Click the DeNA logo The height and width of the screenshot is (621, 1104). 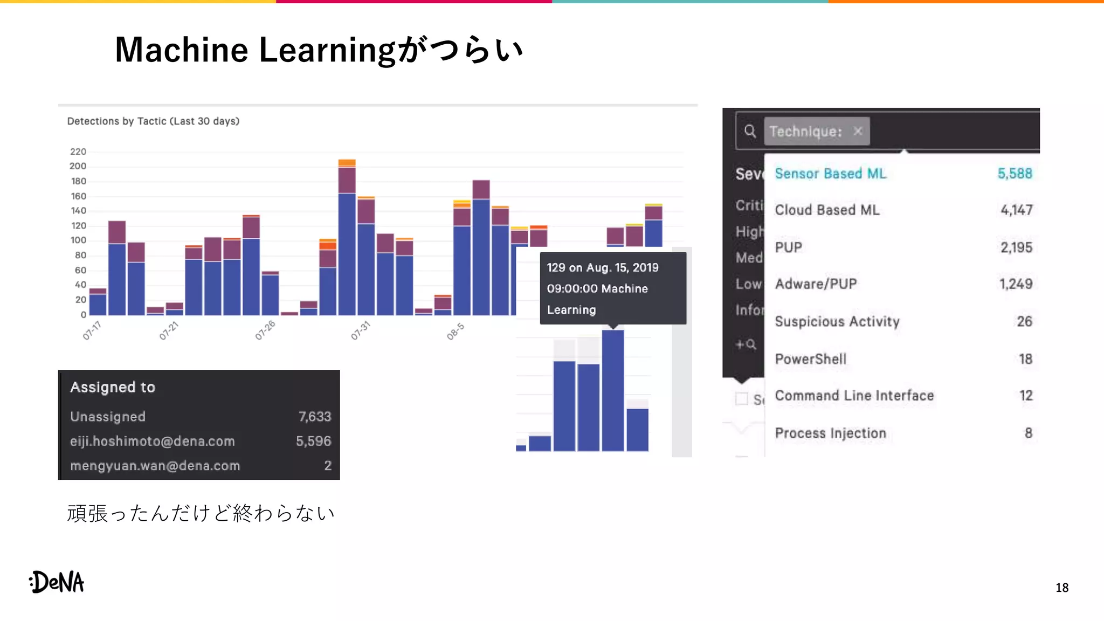pos(57,582)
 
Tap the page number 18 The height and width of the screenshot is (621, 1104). pos(1061,588)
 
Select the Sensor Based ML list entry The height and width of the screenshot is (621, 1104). pos(830,174)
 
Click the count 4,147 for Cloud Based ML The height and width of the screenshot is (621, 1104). pos(1016,210)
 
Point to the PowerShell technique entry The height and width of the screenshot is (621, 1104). pos(810,359)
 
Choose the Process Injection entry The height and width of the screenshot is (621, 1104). pos(830,433)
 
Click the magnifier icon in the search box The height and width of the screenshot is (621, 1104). pos(750,131)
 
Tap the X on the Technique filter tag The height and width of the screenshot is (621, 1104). pos(858,131)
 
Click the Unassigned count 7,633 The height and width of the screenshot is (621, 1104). pos(315,416)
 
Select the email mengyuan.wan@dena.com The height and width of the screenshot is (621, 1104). pos(155,465)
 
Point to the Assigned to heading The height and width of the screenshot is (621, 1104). pos(113,387)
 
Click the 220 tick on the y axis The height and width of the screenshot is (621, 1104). pos(78,151)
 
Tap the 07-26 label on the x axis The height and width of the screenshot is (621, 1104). pos(265,330)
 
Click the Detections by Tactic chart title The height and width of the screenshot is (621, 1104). pos(153,121)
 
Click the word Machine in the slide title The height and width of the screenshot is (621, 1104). pos(181,50)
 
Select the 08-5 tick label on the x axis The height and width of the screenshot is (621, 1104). pos(456,331)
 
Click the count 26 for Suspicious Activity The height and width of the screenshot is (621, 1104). pos(1024,321)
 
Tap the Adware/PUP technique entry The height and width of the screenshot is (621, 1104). pos(816,284)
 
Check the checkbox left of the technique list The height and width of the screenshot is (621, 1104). pos(742,398)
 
